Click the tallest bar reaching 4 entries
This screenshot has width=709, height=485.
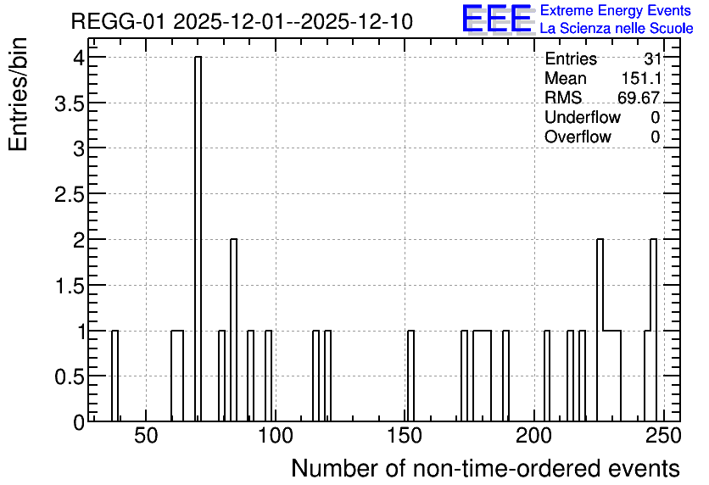pyautogui.click(x=198, y=239)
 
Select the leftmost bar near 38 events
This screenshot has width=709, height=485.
pyautogui.click(x=114, y=376)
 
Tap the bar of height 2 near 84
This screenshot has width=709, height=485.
pyautogui.click(x=234, y=331)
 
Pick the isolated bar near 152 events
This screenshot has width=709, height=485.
pyautogui.click(x=411, y=376)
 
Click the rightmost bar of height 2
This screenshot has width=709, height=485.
pyautogui.click(x=653, y=331)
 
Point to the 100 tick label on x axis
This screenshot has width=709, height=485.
pyautogui.click(x=276, y=437)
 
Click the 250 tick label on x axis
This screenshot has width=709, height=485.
pyautogui.click(x=663, y=437)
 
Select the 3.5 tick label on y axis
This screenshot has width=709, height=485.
pyautogui.click(x=70, y=104)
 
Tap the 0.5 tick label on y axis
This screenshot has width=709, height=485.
pyautogui.click(x=70, y=376)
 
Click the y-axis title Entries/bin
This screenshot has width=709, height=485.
pyautogui.click(x=19, y=95)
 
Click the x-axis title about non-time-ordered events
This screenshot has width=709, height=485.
pyautogui.click(x=485, y=468)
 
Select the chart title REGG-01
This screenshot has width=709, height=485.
pyautogui.click(x=242, y=22)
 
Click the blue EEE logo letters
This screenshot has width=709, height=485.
pyautogui.click(x=497, y=19)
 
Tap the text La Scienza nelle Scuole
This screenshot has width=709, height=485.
pyautogui.click(x=617, y=29)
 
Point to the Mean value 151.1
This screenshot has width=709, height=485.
pyautogui.click(x=641, y=78)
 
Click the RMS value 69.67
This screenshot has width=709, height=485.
pyautogui.click(x=639, y=98)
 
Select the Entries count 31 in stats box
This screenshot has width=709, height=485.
pyautogui.click(x=652, y=59)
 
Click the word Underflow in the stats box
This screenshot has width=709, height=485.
pyautogui.click(x=583, y=117)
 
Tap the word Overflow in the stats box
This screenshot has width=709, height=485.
pyautogui.click(x=578, y=137)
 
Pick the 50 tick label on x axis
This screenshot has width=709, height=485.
pyautogui.click(x=146, y=437)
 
